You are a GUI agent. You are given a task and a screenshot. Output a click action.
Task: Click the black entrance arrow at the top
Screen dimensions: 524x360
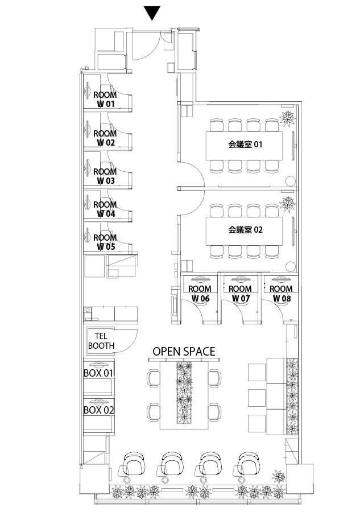tap(151, 13)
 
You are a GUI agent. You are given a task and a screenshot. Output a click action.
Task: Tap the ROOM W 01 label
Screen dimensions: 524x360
tap(105, 100)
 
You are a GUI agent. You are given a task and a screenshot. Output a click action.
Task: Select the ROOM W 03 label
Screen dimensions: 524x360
tap(105, 176)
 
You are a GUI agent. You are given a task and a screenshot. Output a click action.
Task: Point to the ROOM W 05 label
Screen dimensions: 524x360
tap(105, 242)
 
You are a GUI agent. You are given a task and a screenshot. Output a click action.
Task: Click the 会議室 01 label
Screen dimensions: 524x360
tap(245, 145)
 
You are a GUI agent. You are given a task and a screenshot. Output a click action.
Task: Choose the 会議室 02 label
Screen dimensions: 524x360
tap(245, 230)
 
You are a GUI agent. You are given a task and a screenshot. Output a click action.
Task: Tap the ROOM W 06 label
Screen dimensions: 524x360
tap(200, 293)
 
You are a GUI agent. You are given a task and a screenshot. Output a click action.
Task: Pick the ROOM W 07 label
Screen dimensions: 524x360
tap(239, 293)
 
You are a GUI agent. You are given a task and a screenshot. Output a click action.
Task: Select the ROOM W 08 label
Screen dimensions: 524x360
tap(281, 293)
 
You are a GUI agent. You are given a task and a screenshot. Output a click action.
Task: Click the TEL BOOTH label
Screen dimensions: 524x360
tap(101, 341)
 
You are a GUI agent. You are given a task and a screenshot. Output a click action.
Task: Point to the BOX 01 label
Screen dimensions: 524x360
tap(99, 373)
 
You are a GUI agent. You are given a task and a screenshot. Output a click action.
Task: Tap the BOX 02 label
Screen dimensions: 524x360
tap(99, 410)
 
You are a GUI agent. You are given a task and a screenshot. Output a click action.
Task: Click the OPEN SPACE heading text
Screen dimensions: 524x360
tap(184, 352)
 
